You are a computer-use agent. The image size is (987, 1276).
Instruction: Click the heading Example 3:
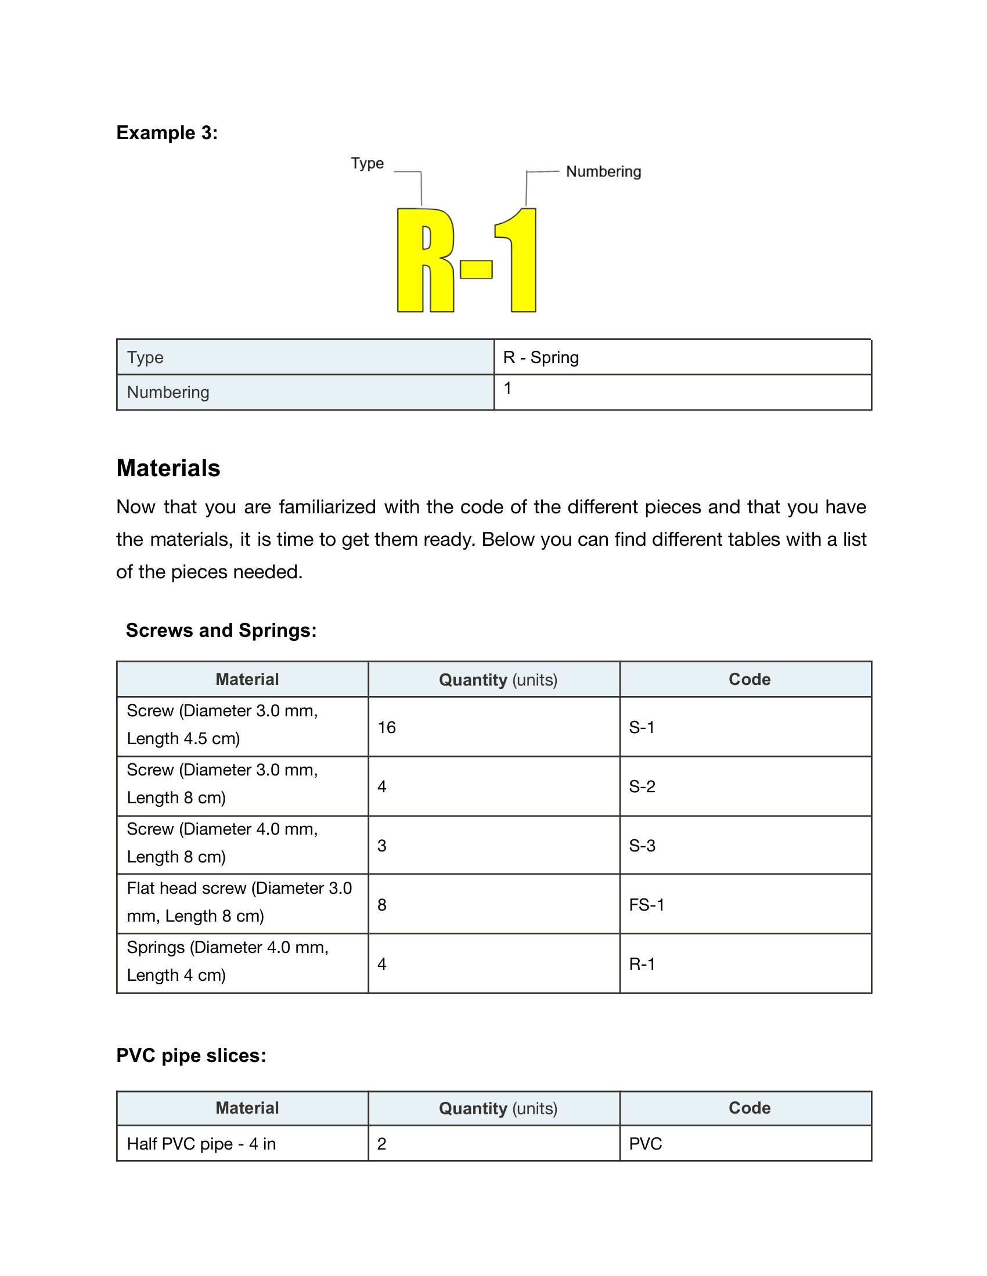(x=167, y=133)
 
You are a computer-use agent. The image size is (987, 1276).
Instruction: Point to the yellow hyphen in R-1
(x=476, y=269)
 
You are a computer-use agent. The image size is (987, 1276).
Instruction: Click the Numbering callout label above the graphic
(x=603, y=172)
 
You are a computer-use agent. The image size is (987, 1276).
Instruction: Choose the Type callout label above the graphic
(x=367, y=163)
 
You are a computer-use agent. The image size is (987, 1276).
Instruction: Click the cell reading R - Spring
(x=541, y=357)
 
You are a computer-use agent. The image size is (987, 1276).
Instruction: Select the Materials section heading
(x=168, y=468)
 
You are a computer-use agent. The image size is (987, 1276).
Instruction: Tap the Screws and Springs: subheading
(x=221, y=630)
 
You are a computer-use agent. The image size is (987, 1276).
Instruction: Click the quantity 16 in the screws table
(x=387, y=727)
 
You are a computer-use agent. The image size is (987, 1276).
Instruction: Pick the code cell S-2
(x=642, y=786)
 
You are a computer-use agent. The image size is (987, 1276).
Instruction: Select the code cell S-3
(x=642, y=846)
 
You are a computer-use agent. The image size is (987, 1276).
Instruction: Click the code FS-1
(x=647, y=905)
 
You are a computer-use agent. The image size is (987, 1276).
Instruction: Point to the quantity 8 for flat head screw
(x=382, y=905)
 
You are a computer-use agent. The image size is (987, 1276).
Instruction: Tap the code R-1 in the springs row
(x=642, y=964)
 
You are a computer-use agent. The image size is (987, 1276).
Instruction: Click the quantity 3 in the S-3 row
(x=382, y=846)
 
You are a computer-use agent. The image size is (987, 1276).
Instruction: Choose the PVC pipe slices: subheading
(x=191, y=1056)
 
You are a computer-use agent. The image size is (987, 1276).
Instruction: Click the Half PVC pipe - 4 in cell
(x=201, y=1143)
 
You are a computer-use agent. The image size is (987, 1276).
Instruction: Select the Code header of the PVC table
(x=749, y=1108)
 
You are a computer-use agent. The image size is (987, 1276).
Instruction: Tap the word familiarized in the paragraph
(x=327, y=506)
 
